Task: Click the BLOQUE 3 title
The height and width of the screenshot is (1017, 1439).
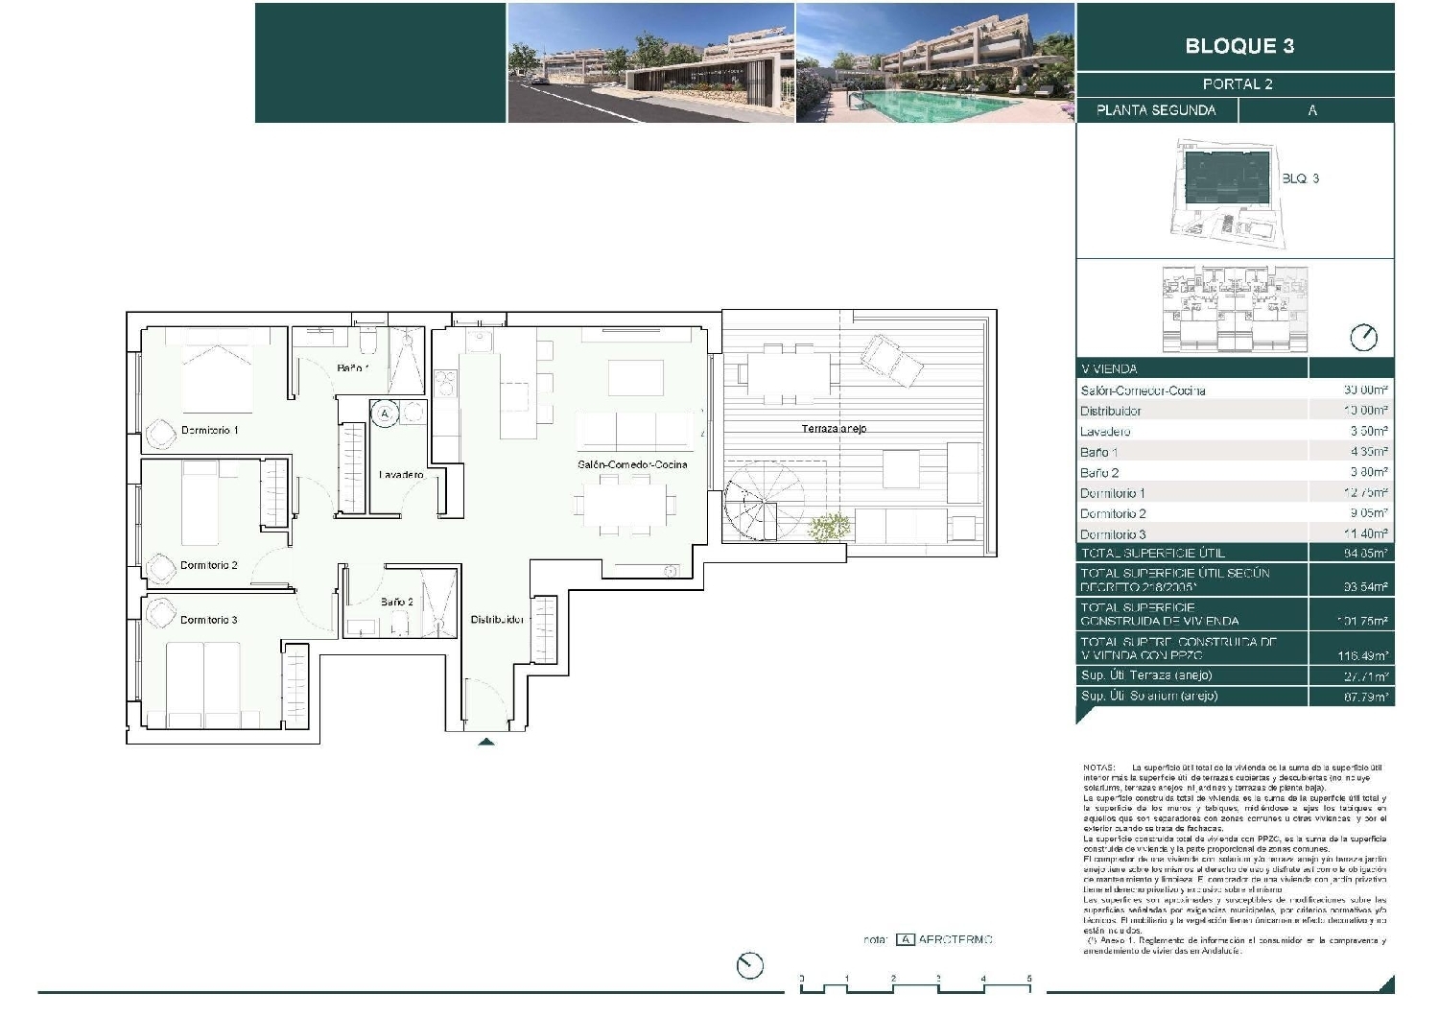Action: (1238, 46)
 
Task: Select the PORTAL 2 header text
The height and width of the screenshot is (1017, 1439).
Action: (1238, 84)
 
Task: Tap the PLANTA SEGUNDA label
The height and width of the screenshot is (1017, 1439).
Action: (1156, 110)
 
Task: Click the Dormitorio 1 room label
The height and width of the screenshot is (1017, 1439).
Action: (209, 431)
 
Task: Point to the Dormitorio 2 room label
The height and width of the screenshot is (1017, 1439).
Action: (208, 566)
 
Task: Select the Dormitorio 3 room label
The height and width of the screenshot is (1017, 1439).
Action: (208, 621)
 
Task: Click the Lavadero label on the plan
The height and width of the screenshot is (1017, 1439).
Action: (401, 475)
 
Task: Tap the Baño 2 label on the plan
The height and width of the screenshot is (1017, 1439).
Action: (396, 603)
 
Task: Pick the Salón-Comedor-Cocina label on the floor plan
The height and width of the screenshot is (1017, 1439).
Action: (632, 465)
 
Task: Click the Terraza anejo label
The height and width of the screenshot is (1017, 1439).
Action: (834, 429)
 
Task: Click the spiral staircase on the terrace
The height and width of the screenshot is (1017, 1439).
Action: (752, 508)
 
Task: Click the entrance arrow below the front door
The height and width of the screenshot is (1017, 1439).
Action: (486, 742)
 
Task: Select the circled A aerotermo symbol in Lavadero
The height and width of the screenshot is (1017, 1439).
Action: (385, 414)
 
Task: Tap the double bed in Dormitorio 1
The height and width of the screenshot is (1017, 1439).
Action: (217, 376)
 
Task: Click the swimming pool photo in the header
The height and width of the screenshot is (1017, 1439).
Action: (935, 63)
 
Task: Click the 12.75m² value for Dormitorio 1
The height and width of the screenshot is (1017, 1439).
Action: (1366, 493)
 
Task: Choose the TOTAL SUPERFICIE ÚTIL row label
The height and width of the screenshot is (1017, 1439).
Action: (1152, 554)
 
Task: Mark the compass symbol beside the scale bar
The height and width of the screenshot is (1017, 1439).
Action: (749, 965)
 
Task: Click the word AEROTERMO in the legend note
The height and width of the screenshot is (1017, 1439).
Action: (955, 940)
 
